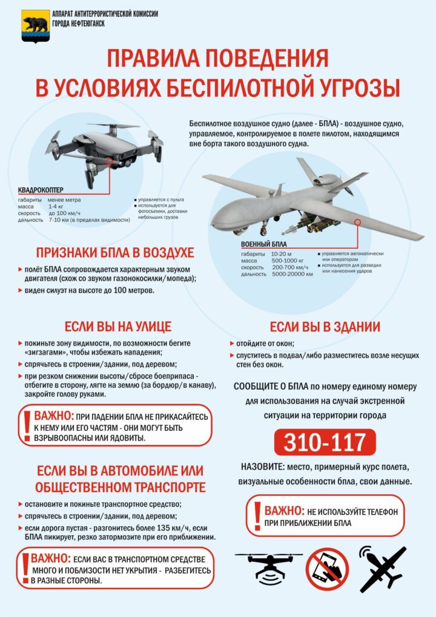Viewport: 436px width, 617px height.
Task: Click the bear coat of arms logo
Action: point(36,25)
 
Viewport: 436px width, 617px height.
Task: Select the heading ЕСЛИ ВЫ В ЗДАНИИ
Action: point(325,327)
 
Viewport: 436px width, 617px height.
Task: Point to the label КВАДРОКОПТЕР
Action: point(41,190)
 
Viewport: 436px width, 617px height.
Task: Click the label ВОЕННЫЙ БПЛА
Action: point(263,244)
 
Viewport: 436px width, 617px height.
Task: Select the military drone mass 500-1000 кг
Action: point(289,260)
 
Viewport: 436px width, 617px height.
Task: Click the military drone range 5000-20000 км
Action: point(292,274)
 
